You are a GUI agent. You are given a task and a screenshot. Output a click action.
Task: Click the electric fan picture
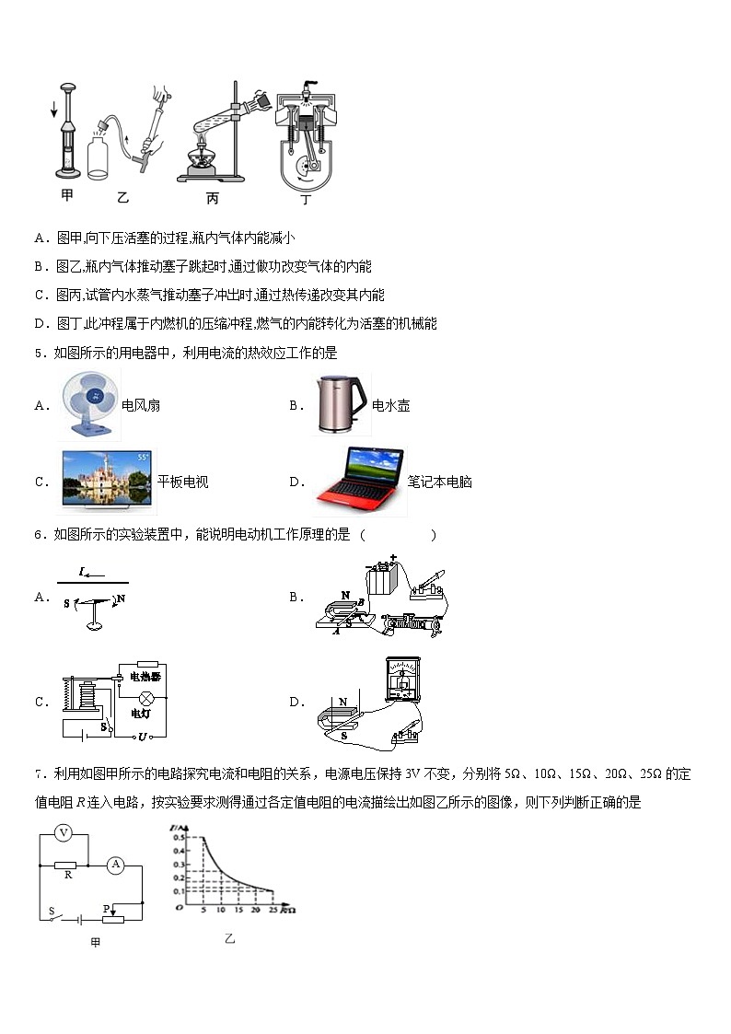(88, 405)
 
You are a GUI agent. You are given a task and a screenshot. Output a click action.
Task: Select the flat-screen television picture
(106, 480)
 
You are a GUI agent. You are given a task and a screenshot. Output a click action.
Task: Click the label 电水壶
(390, 406)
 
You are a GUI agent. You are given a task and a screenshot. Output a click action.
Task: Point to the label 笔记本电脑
(440, 482)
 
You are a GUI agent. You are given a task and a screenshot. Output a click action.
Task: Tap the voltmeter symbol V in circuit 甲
(64, 833)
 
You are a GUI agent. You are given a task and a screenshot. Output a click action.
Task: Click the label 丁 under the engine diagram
(306, 198)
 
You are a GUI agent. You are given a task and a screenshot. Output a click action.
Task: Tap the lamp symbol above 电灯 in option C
(144, 697)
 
